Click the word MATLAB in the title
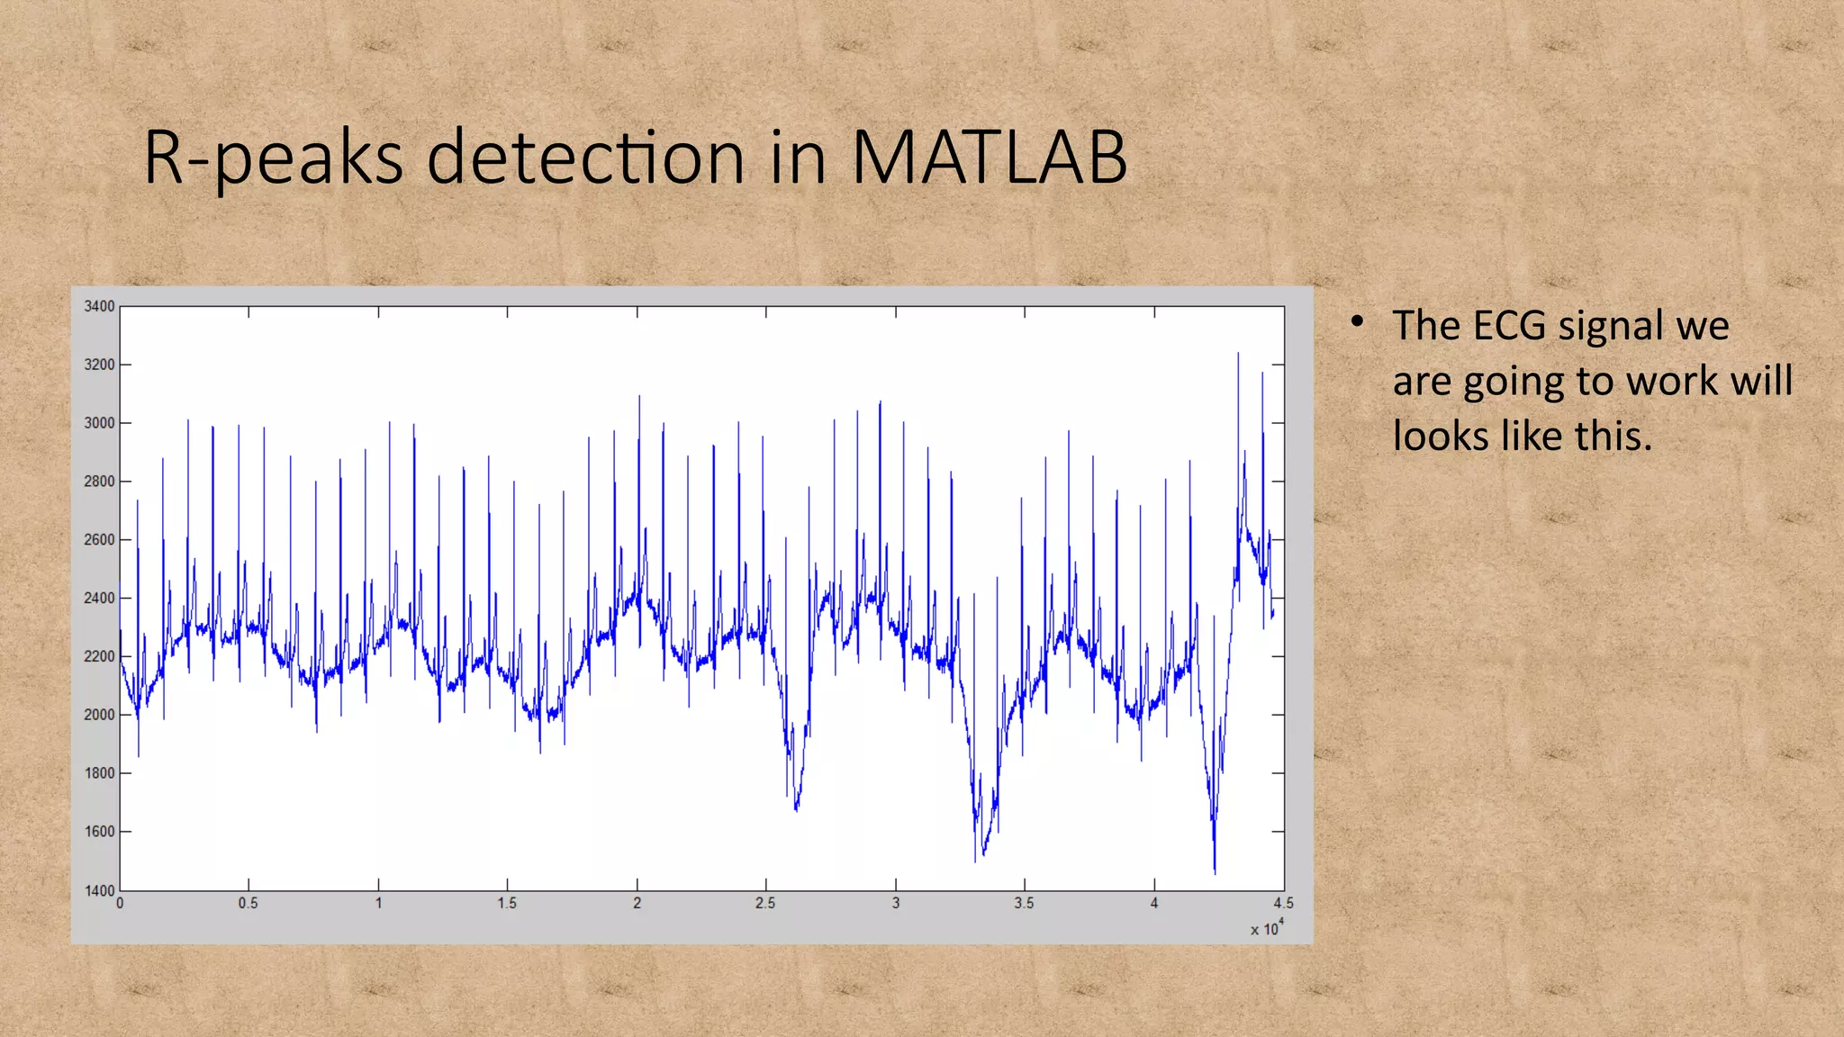[988, 158]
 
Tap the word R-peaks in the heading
[273, 158]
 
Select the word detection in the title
[585, 158]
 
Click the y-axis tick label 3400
[99, 306]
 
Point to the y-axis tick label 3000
[99, 423]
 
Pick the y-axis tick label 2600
[99, 540]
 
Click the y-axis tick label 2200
[99, 656]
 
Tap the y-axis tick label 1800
[99, 773]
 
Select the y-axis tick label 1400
[99, 890]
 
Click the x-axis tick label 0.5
[249, 903]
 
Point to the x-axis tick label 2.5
[765, 903]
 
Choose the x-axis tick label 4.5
[1283, 903]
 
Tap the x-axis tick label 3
[896, 903]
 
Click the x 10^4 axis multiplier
[1267, 928]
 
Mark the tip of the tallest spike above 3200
[1238, 354]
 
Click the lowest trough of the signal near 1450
[1215, 872]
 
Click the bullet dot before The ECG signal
[1357, 320]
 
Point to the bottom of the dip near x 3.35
[976, 861]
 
